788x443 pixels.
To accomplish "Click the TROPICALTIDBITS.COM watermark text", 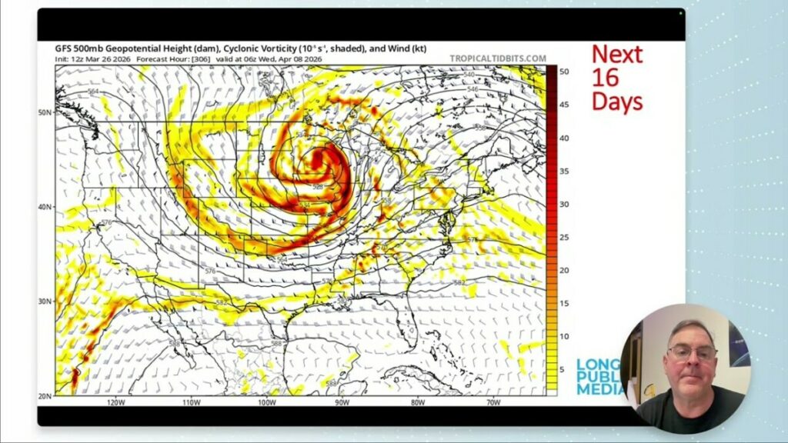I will [x=498, y=58].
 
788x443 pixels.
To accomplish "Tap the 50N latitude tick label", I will [x=45, y=112].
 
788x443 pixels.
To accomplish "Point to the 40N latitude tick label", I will [x=45, y=207].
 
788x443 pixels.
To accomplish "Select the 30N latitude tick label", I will [x=45, y=301].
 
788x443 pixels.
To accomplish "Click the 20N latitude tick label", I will [x=45, y=395].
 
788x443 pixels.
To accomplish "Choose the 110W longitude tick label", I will [x=191, y=402].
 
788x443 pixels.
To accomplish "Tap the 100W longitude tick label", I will [x=266, y=402].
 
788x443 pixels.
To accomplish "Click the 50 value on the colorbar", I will [x=564, y=72].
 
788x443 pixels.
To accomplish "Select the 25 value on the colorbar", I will [x=564, y=237].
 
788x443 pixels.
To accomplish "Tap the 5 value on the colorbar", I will [x=562, y=369].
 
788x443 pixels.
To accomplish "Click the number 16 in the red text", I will [x=606, y=78].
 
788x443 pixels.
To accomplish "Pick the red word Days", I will [x=617, y=102].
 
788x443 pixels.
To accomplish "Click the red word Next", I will [x=617, y=54].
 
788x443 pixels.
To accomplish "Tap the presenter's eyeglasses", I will [x=691, y=354].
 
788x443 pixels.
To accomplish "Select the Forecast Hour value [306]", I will [x=189, y=59].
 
